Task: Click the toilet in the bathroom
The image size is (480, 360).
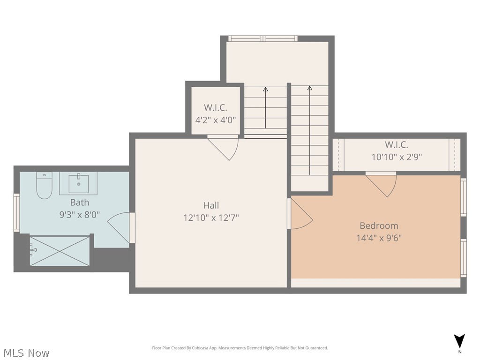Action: coord(44,186)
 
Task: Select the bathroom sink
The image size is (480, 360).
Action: coord(78,183)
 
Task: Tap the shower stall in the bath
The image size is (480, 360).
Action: coord(60,251)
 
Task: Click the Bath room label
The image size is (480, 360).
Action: coord(79,202)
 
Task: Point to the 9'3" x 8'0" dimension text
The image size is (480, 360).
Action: coord(79,215)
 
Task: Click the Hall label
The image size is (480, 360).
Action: coord(211,205)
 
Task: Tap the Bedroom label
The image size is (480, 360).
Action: coord(379,225)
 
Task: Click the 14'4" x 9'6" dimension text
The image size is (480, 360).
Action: coord(379,238)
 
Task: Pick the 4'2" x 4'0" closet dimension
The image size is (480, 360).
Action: coord(215,120)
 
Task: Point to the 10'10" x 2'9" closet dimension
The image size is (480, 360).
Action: coord(397,157)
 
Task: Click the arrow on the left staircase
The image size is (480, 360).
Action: coord(266,108)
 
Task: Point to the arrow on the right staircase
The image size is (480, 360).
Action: coord(310,131)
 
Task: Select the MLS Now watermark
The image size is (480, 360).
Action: coord(26,352)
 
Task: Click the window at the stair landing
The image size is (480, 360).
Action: coord(262,38)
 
